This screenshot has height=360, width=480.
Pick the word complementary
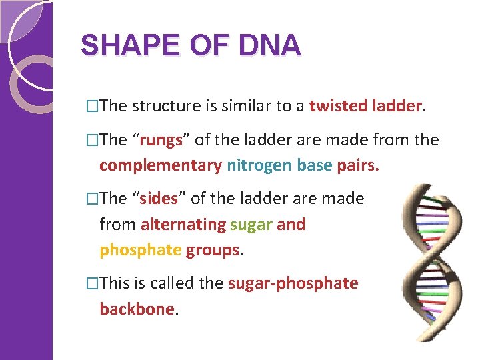click(160, 165)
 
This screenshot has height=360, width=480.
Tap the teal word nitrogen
click(258, 165)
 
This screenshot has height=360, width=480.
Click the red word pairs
click(357, 165)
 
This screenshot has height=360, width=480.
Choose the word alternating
click(183, 224)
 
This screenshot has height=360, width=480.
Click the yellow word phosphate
click(140, 249)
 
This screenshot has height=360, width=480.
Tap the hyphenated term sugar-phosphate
click(293, 283)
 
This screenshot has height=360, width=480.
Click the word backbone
click(137, 309)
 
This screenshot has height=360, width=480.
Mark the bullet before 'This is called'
click(93, 284)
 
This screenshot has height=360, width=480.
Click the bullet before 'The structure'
click(93, 106)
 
